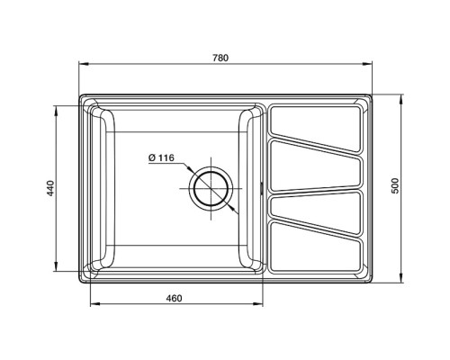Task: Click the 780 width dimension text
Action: coord(221,58)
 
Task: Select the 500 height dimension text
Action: coord(394,187)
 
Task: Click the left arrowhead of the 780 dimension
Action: coord(83,65)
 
